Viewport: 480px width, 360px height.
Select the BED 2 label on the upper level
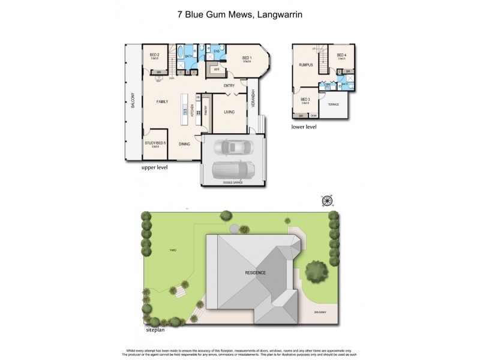tap(154, 55)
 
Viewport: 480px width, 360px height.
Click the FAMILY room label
tap(162, 102)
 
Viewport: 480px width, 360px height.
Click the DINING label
tap(184, 143)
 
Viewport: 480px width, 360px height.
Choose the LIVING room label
tap(229, 112)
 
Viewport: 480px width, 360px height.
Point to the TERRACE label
tap(333, 104)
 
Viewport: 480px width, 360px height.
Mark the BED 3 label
tap(305, 99)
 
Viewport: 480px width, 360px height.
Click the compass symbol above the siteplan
tap(327, 200)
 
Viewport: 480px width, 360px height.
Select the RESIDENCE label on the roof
tap(255, 272)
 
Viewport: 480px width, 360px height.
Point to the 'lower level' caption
tap(304, 127)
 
